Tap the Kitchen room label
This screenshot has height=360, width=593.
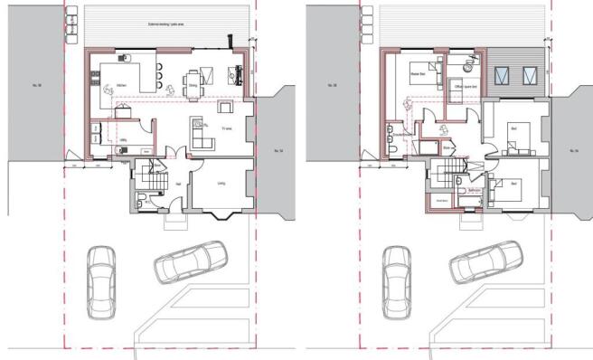click(120, 88)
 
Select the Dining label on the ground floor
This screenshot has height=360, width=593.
click(193, 87)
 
